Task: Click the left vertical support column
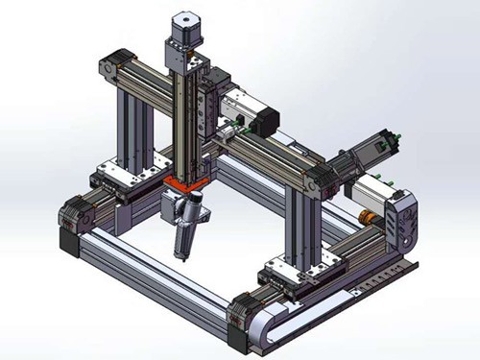coord(129,125)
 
